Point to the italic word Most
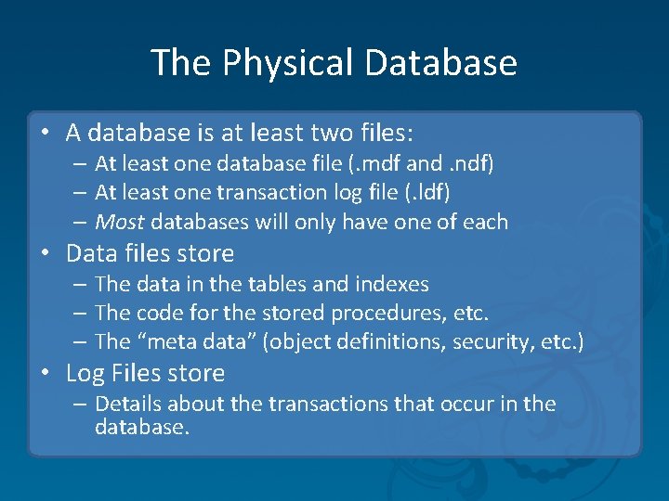[x=119, y=222]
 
